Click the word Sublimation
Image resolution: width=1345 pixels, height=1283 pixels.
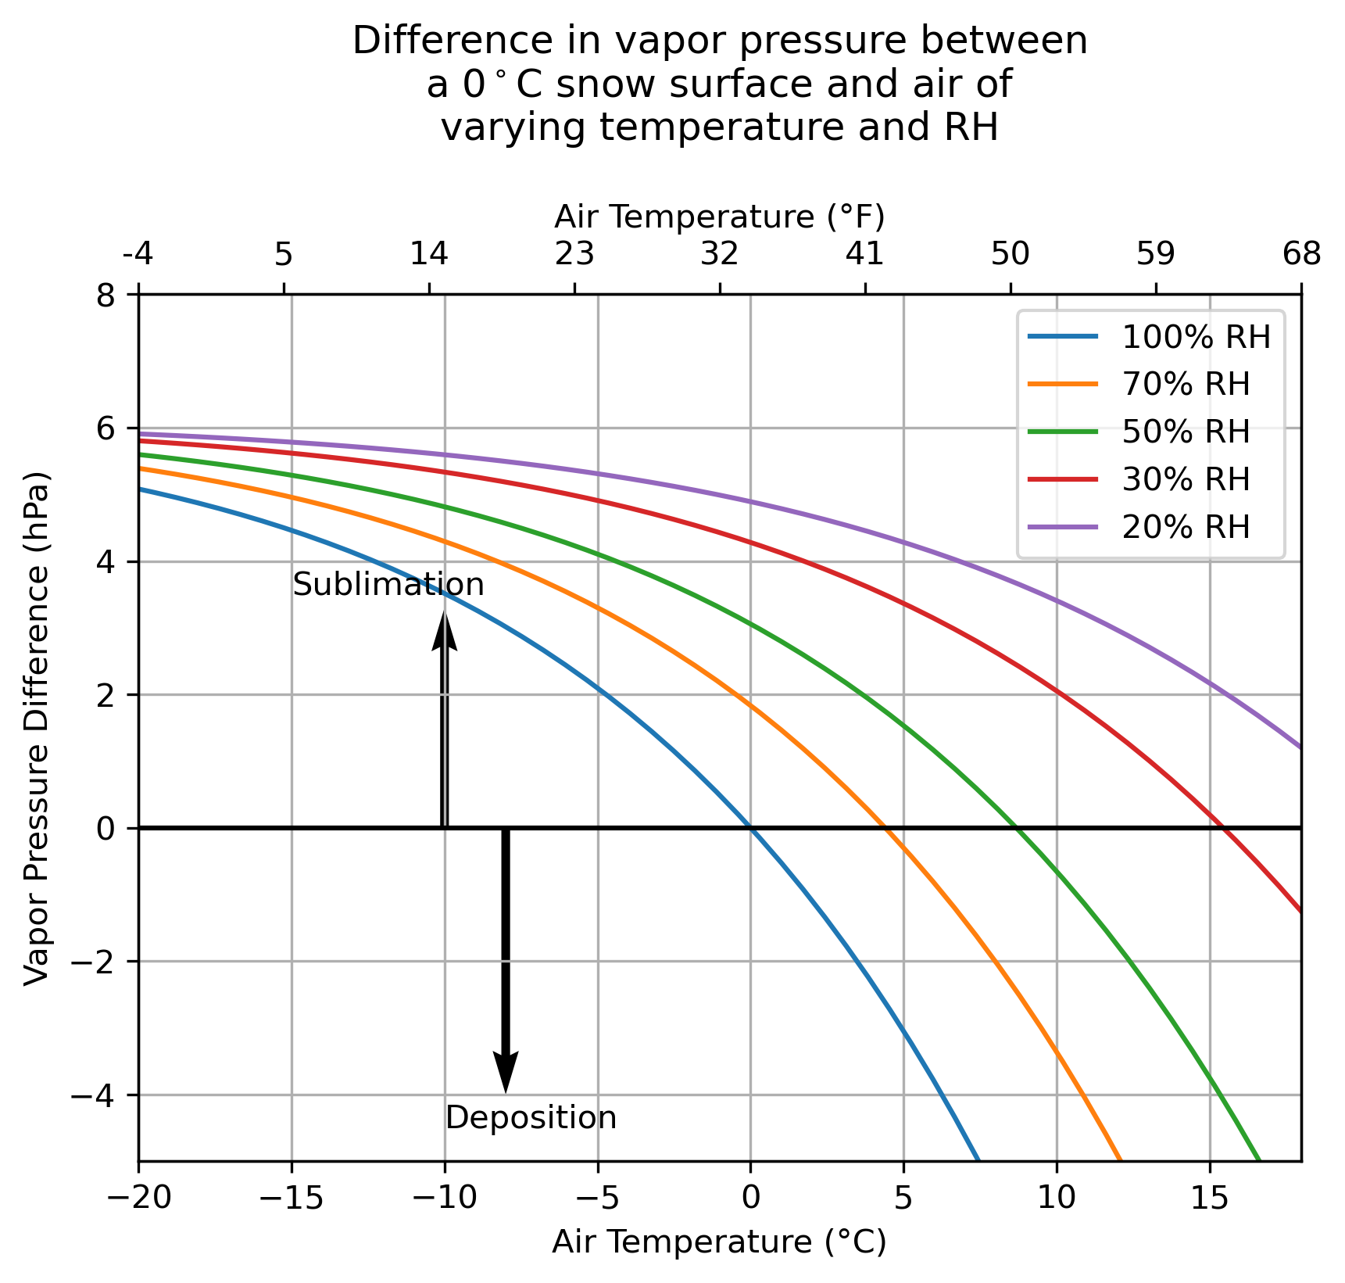coord(388,585)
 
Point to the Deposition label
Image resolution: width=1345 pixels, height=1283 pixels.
coord(531,1117)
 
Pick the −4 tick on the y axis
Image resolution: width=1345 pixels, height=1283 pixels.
coord(95,1095)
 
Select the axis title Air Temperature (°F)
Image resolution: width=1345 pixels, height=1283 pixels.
coord(720,217)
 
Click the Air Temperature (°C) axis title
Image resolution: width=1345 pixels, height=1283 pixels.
coord(720,1242)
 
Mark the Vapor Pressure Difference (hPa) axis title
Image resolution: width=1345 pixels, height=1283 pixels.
coord(37,728)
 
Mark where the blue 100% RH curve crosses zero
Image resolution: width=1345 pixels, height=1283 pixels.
coord(751,828)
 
